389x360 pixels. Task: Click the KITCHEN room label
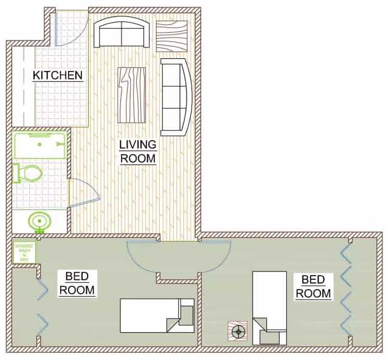click(x=57, y=76)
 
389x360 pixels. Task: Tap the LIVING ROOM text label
click(x=138, y=152)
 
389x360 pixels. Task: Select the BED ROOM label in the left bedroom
click(x=77, y=284)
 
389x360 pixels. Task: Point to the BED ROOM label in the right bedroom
click(x=314, y=287)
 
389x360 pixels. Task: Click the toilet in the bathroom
click(x=28, y=174)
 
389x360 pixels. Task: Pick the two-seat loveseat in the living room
click(x=122, y=33)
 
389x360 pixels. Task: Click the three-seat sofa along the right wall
click(x=176, y=97)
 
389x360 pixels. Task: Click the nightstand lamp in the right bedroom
click(x=238, y=332)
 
